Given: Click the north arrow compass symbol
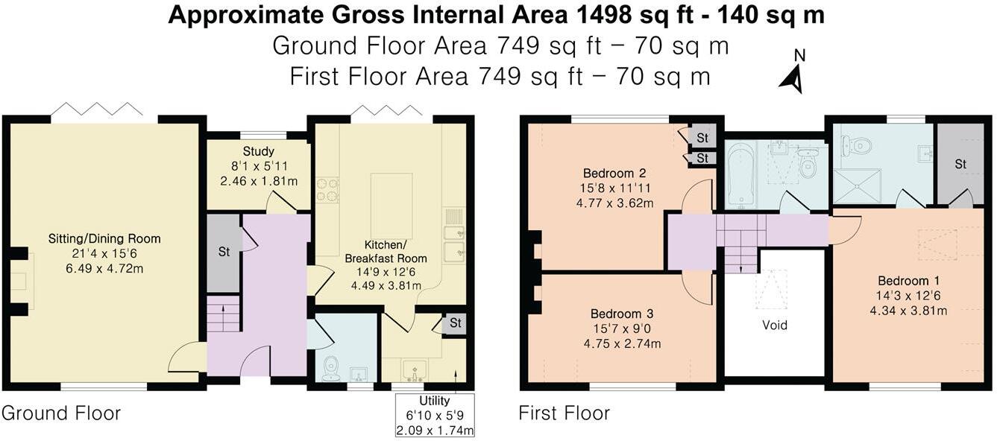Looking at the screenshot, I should pyautogui.click(x=793, y=74).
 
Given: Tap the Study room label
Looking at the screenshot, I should pyautogui.click(x=259, y=152).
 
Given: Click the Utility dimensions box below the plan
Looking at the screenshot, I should pyautogui.click(x=435, y=415).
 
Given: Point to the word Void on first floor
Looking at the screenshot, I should pyautogui.click(x=775, y=325).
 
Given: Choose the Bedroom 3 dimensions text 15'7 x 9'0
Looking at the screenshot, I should pyautogui.click(x=623, y=329).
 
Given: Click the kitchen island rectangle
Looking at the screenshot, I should pyautogui.click(x=391, y=205).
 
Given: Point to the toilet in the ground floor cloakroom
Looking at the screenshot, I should pyautogui.click(x=332, y=367).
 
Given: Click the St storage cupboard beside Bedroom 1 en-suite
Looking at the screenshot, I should pyautogui.click(x=960, y=164).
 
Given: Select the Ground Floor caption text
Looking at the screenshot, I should pyautogui.click(x=61, y=413).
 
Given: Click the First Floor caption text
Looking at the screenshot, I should pyautogui.click(x=564, y=413).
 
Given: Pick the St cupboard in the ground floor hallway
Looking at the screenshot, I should pyautogui.click(x=224, y=252).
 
